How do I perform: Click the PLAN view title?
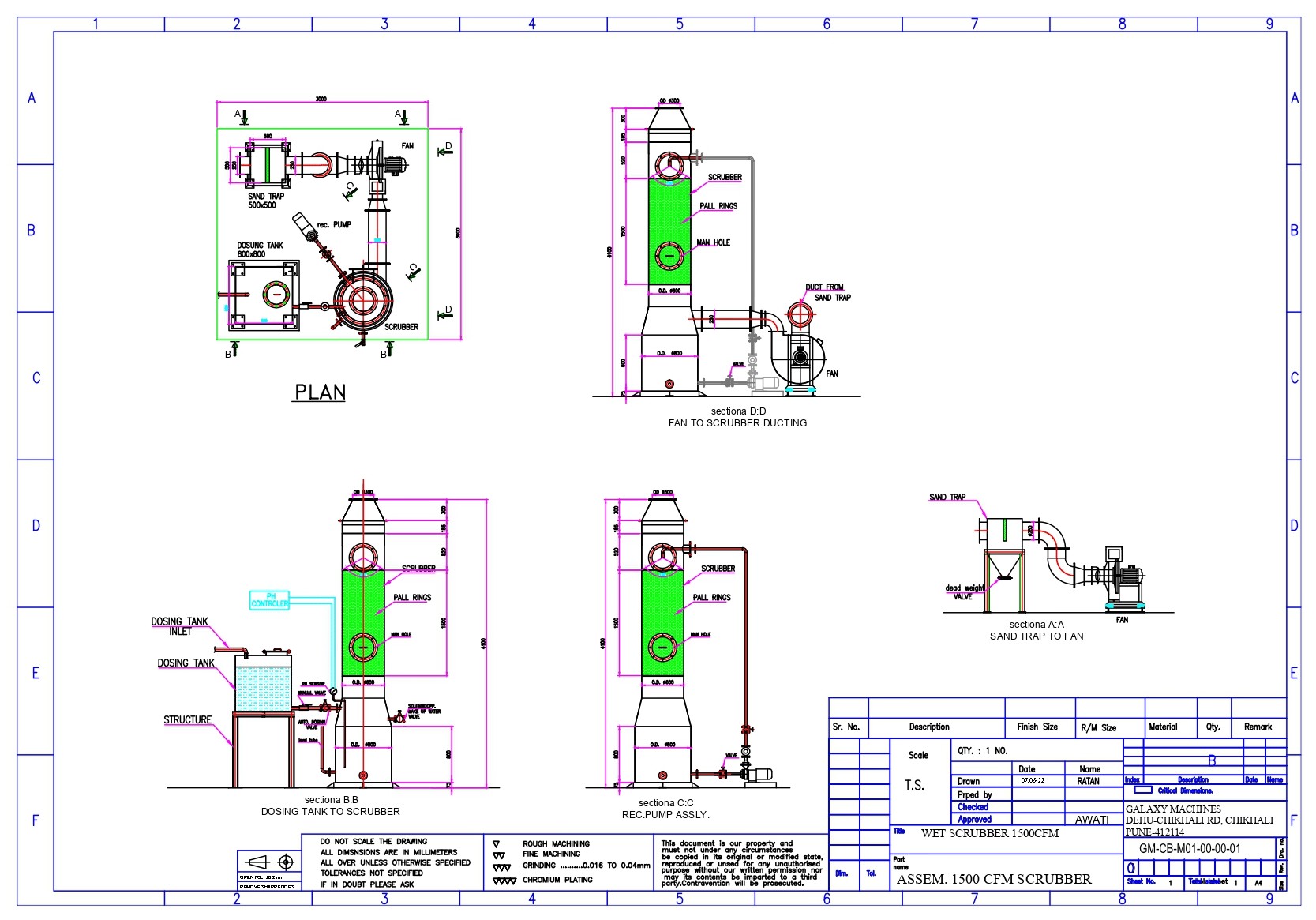[x=320, y=392]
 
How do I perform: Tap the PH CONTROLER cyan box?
[x=270, y=600]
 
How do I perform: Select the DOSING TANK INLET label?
[x=179, y=626]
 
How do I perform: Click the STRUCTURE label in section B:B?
[x=187, y=720]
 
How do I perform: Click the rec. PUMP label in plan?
[x=334, y=225]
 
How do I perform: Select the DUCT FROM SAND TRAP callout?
[x=827, y=292]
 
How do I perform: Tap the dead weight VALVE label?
[x=965, y=592]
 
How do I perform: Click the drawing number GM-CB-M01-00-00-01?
[x=1189, y=849]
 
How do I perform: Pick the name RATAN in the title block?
[x=1088, y=781]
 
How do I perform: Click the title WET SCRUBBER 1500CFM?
[x=990, y=833]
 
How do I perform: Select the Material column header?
[x=1163, y=727]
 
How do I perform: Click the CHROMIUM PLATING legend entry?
[x=557, y=880]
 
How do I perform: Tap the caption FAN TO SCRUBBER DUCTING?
[x=737, y=423]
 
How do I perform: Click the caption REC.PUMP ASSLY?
[x=665, y=814]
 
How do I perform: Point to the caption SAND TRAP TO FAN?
[x=1037, y=636]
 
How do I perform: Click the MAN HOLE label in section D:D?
[x=713, y=242]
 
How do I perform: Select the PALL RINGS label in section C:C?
[x=711, y=598]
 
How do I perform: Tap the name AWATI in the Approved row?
[x=1092, y=820]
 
